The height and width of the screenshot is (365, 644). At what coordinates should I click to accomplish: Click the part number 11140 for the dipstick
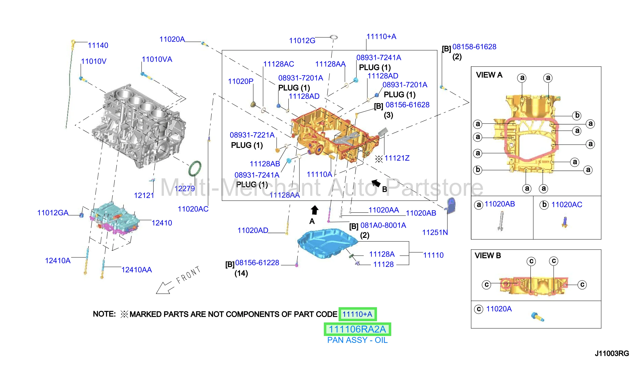click(98, 45)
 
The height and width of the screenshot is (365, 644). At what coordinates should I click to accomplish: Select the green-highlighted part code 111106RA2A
click(357, 329)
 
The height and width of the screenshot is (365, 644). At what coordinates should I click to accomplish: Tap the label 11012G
click(302, 41)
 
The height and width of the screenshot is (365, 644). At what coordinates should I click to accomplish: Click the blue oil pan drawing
click(327, 243)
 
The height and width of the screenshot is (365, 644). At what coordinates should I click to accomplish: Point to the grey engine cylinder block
click(139, 125)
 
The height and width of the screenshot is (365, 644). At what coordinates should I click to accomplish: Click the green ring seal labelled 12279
click(195, 168)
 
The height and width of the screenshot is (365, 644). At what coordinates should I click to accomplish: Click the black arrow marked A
click(315, 210)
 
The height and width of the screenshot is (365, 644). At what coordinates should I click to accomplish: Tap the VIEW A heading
click(489, 75)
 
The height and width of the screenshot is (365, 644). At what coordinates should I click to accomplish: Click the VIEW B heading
click(488, 256)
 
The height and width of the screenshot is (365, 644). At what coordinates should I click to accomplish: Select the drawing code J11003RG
click(612, 353)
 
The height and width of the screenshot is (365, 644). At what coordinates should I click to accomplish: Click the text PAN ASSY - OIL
click(357, 340)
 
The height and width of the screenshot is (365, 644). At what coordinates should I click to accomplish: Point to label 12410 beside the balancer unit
click(162, 223)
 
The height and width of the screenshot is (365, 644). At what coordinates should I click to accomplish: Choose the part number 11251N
click(435, 232)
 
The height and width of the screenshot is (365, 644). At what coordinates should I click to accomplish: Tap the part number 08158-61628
click(474, 47)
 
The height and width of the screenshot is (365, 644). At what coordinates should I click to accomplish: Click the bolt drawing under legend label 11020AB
click(501, 221)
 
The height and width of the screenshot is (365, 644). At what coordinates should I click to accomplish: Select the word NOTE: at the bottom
click(104, 314)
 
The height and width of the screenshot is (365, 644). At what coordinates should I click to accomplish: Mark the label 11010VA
click(157, 60)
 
